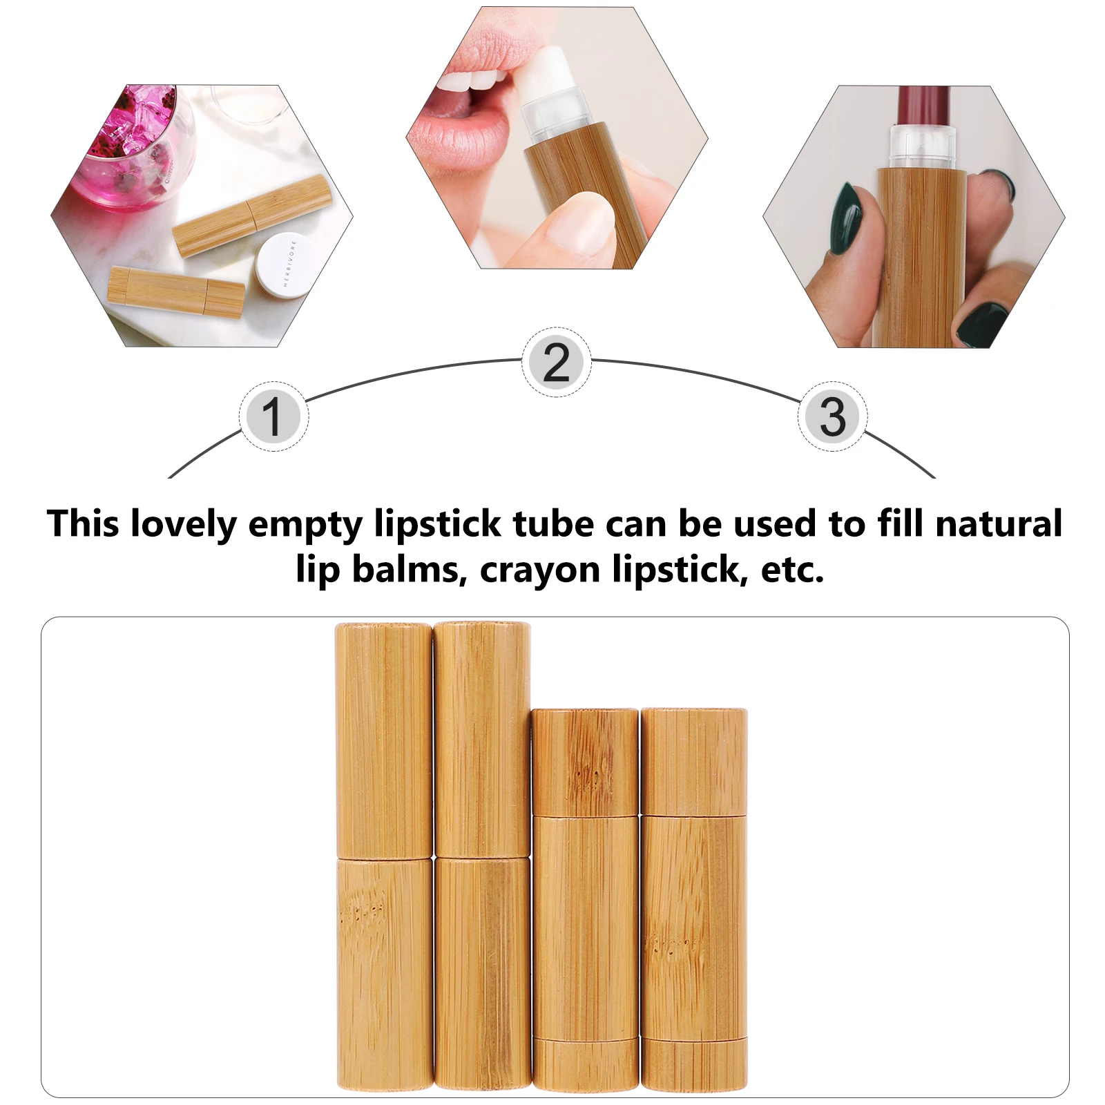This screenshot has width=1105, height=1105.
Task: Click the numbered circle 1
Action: [273, 416]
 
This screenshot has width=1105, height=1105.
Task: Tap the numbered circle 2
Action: [556, 362]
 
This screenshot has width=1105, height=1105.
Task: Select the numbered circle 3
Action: [832, 416]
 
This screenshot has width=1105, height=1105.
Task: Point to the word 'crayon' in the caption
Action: [540, 570]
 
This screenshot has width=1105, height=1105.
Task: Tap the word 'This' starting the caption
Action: [82, 524]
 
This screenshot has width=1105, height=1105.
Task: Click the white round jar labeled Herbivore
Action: [284, 265]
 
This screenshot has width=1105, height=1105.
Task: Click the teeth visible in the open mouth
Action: [470, 83]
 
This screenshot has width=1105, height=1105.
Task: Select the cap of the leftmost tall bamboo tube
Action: [384, 739]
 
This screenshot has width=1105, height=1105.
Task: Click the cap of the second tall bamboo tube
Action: [482, 739]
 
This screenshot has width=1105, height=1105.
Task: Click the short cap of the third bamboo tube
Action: [585, 761]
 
